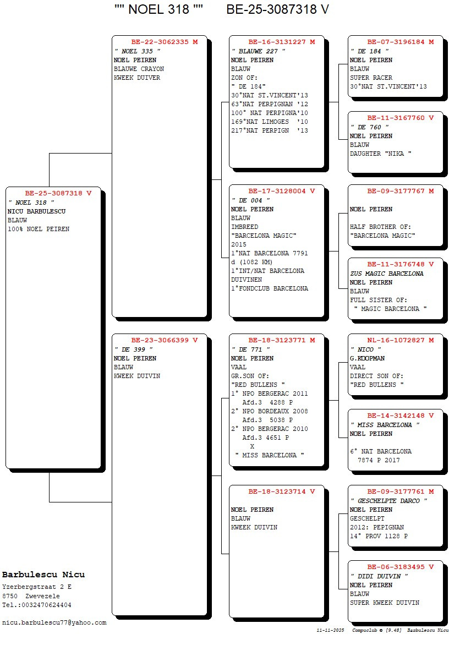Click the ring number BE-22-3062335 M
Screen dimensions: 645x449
(164, 42)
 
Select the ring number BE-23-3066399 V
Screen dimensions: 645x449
(164, 340)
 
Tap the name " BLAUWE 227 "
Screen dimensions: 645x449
(258, 51)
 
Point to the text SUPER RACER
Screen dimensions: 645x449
(371, 78)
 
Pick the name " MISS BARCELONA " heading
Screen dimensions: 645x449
(385, 425)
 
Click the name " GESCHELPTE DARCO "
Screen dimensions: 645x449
(388, 501)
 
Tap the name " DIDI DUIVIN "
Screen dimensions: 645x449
(379, 576)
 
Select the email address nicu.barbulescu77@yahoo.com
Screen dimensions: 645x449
(54, 622)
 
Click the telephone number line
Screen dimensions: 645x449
(37, 605)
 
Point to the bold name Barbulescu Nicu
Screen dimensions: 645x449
(43, 575)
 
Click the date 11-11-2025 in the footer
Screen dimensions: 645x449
(330, 630)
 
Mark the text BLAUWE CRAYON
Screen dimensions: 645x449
(139, 69)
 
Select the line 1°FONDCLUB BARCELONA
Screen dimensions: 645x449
(270, 288)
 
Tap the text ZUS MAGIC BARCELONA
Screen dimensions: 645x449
(387, 274)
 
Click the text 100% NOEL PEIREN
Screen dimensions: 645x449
(39, 229)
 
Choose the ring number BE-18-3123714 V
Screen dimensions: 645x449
(281, 491)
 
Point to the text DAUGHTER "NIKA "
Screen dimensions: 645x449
(381, 154)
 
